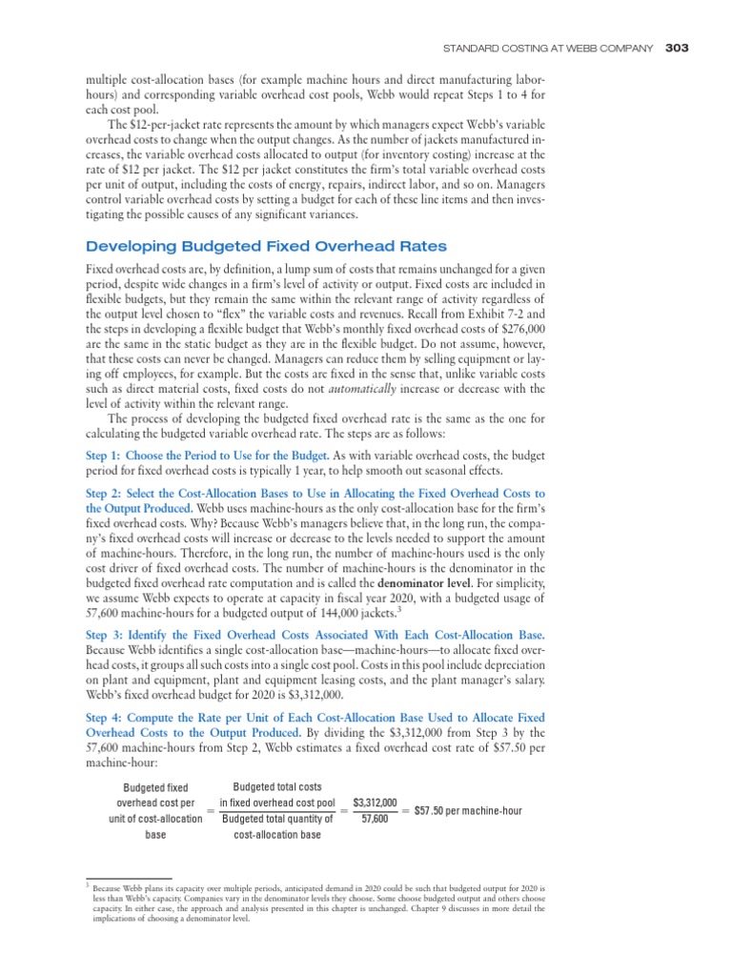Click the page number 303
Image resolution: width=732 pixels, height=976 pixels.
click(677, 48)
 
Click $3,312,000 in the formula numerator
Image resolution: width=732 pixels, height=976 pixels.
click(375, 803)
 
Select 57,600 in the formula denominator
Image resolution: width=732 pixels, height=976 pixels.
click(375, 819)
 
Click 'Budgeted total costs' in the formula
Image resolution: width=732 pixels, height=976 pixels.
click(277, 787)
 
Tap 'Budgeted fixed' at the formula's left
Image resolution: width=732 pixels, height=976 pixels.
click(156, 788)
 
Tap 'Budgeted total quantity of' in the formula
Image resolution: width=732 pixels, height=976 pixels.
click(277, 819)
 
